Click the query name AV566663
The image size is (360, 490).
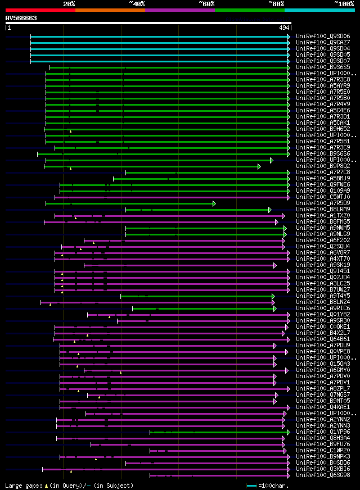click(x=21, y=18)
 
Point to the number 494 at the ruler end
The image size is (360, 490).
click(x=284, y=28)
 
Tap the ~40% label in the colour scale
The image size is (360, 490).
click(x=136, y=3)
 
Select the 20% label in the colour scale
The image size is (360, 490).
click(x=69, y=3)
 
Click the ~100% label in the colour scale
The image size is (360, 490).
click(x=344, y=3)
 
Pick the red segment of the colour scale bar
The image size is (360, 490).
click(x=40, y=10)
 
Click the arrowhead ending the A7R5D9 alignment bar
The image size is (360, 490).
click(x=214, y=203)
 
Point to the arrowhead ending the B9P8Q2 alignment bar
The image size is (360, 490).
click(x=259, y=166)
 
